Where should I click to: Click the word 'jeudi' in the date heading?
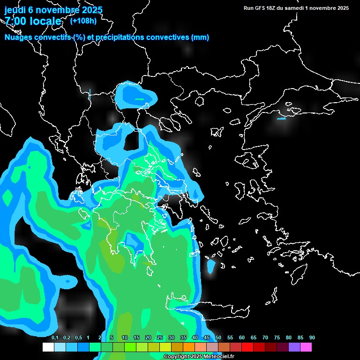coord(15,10)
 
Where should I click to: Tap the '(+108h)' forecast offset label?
coord(83,21)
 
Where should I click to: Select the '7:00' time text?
coord(16,21)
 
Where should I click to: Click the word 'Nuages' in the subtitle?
coord(18,37)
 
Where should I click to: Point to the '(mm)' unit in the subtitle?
coord(200,37)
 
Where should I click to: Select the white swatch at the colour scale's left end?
coord(48,347)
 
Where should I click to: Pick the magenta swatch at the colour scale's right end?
coord(306,347)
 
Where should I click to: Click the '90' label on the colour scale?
coord(312,338)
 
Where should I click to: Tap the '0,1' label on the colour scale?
coord(54,338)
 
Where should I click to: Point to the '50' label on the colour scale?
coord(218,338)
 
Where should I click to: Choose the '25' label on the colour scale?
coord(159,338)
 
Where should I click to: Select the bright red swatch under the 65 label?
coord(247,347)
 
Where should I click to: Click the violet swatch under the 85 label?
coord(294,347)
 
